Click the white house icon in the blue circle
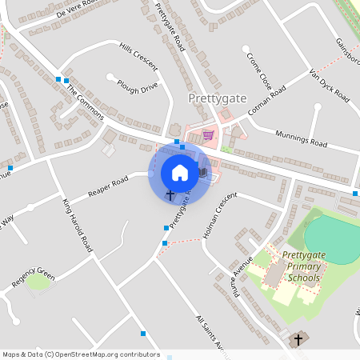coord(179,172)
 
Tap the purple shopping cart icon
coord(208,135)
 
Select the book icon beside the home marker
coord(203,172)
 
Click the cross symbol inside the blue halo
coord(170,194)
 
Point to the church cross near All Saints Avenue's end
coord(298,339)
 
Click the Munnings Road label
coord(301,138)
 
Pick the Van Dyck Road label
coord(329,85)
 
